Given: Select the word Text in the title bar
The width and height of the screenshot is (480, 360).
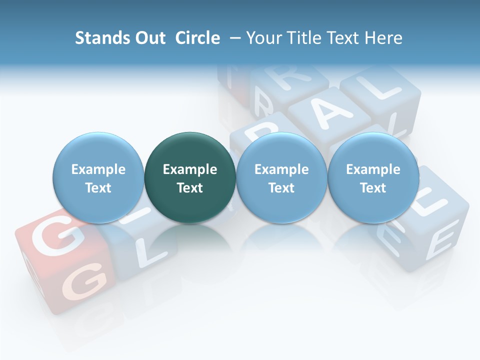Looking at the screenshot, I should pos(344,38).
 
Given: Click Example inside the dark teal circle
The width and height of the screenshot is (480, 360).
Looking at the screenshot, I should pos(190,169).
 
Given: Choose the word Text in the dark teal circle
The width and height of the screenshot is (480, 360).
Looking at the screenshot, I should pos(190,188).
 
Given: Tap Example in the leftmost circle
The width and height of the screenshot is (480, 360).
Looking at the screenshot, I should pos(98,169).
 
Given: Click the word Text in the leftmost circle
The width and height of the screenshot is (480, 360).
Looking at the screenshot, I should pos(98,188).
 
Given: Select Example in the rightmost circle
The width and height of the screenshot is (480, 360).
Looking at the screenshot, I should pos(373,169).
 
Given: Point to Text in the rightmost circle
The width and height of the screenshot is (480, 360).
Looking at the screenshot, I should pos(373,188).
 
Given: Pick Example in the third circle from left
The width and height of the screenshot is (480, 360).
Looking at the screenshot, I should pos(281,169).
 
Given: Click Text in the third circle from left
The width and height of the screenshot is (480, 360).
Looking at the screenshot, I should pos(281,188).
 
